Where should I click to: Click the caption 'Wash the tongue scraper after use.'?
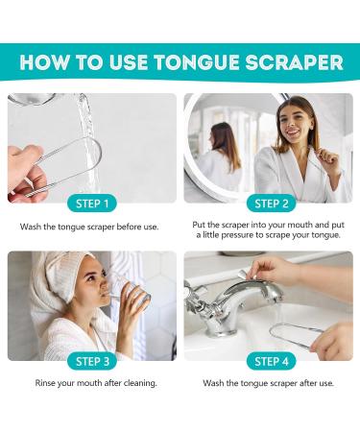coord(268,383)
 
